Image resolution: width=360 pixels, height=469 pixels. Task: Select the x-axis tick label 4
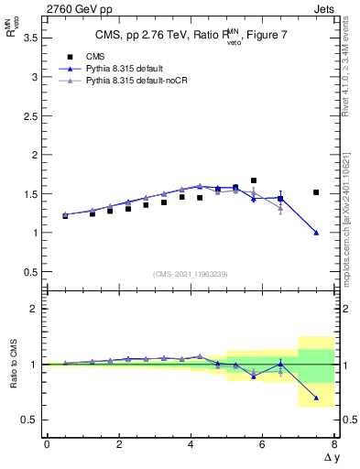coord(191,444)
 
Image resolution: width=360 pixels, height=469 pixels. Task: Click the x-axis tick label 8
coord(334,444)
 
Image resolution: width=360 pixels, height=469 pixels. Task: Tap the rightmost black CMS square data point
coord(316,192)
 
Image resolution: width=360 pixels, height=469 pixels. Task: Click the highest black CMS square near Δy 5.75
coord(254,180)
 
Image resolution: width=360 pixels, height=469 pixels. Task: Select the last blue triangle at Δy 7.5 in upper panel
coord(316,233)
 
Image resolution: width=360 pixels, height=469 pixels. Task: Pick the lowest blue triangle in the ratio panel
coord(316,398)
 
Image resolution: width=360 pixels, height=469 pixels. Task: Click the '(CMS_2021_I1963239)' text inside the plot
coord(189,273)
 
